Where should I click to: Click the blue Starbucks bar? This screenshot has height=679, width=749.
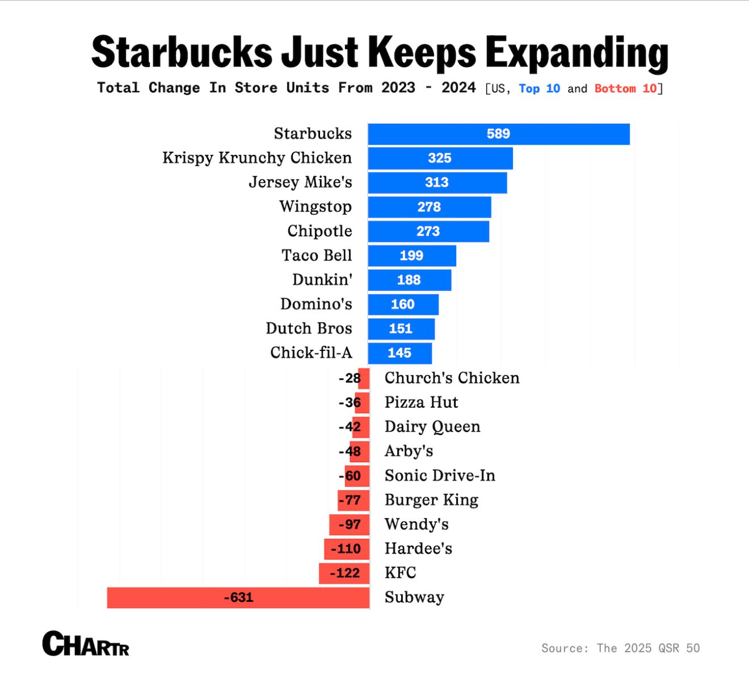click(498, 134)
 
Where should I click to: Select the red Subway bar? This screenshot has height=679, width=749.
click(238, 598)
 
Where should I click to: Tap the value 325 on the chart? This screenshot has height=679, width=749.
click(440, 158)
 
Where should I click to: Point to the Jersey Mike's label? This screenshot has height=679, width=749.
click(300, 182)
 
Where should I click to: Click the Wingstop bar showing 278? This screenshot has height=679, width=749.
click(429, 207)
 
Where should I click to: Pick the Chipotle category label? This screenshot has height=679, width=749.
click(319, 231)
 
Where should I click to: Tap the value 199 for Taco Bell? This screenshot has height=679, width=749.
click(411, 256)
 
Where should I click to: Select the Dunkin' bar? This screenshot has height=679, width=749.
click(409, 280)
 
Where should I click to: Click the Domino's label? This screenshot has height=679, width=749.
click(316, 304)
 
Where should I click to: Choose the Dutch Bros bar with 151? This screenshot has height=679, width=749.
click(401, 329)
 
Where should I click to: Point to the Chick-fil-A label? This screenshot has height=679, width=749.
click(311, 353)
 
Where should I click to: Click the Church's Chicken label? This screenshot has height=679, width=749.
click(452, 378)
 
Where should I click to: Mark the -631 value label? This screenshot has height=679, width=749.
click(238, 598)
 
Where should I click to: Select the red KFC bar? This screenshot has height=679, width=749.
click(344, 573)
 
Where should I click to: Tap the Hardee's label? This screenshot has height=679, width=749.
click(418, 549)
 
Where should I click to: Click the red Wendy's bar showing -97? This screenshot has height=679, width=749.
click(349, 525)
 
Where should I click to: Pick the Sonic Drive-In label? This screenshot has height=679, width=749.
click(440, 476)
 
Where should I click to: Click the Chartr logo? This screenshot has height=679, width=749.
click(86, 644)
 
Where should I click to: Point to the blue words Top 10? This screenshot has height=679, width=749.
click(539, 89)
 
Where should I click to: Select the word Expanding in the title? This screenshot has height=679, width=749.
click(577, 52)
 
